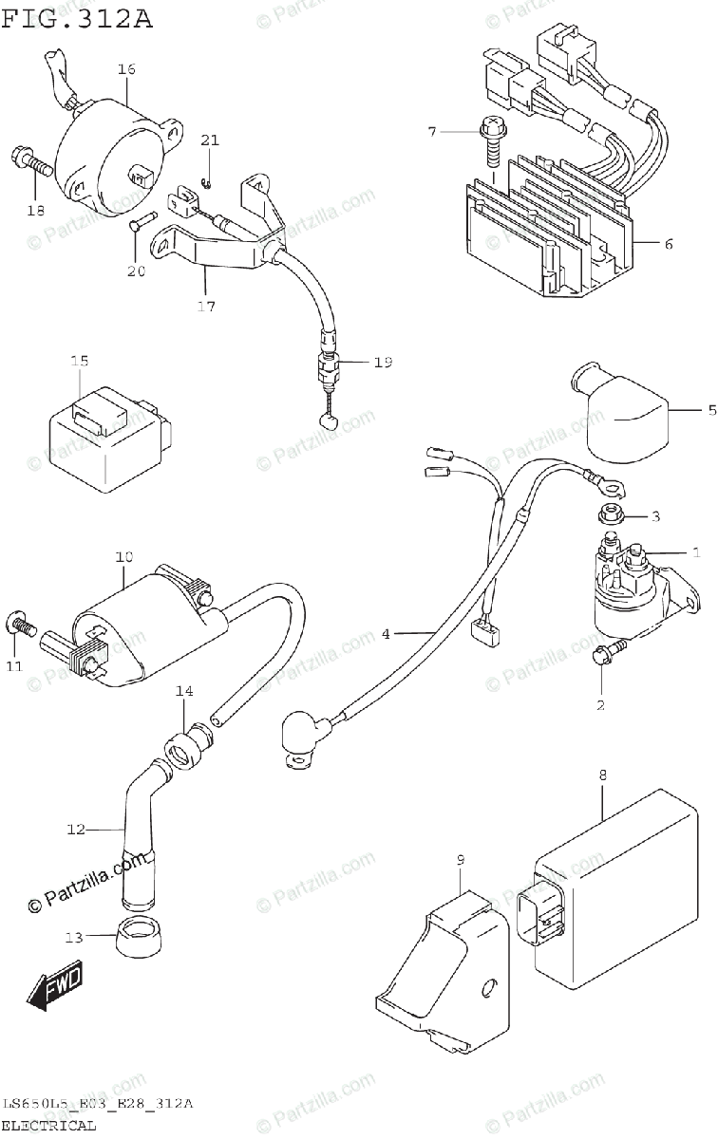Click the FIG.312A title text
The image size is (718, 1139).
pos(76,19)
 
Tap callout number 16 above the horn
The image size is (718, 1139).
pos(127,69)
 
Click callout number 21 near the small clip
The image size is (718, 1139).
pos(210,140)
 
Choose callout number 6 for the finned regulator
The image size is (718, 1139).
pos(668,244)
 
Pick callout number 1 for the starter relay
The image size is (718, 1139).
pos(695,551)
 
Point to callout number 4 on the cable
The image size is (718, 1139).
pos(386,633)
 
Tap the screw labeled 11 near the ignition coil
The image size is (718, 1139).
pos(23,626)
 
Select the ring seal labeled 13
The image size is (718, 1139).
pos(137,938)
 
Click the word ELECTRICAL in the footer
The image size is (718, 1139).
pos(49,1126)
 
